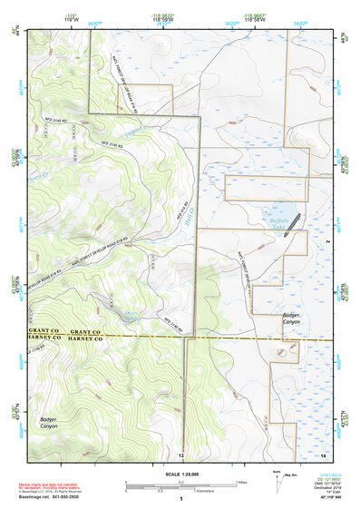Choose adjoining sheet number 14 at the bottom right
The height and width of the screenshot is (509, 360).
pyautogui.click(x=323, y=455)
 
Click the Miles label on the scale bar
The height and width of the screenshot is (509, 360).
pyautogui.click(x=241, y=482)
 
